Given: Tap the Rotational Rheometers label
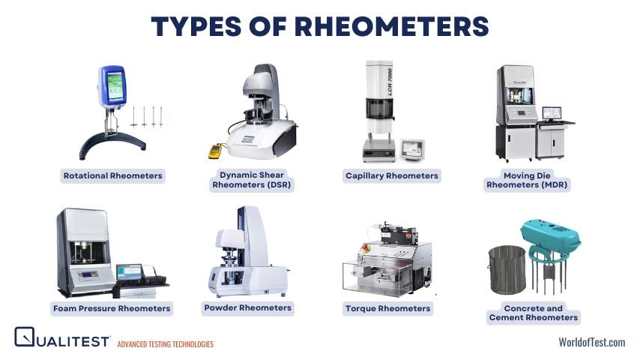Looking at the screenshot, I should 112,175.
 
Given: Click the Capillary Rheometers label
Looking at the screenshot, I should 391,175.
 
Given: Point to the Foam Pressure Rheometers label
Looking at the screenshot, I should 112,308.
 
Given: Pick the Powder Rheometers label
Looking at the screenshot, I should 247,307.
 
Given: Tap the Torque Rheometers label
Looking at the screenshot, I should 387,308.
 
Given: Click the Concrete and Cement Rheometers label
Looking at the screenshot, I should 533,313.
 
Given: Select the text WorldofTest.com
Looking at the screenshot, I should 591,342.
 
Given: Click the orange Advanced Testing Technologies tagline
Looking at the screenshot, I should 165,344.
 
